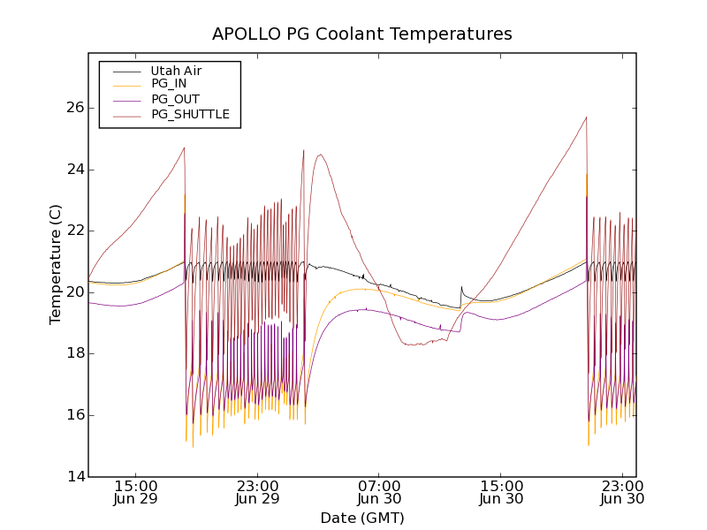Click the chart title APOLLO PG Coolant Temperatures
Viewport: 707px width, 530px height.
click(361, 34)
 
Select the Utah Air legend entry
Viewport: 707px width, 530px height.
click(176, 71)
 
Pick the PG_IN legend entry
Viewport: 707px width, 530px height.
click(169, 84)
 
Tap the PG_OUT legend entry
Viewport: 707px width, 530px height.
click(175, 99)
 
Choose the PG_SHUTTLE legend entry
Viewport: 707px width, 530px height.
click(190, 114)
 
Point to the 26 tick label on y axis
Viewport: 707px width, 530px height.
click(75, 108)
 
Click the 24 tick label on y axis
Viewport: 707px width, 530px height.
click(75, 170)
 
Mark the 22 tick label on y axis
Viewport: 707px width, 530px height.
click(75, 231)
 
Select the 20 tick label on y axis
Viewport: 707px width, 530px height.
click(75, 292)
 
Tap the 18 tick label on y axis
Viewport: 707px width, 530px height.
click(75, 353)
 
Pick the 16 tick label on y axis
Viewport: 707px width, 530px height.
click(75, 415)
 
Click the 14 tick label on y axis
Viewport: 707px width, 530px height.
click(75, 477)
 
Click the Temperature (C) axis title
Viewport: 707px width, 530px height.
click(56, 264)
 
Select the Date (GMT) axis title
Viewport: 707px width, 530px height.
click(361, 518)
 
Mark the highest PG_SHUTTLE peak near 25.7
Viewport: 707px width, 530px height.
click(586, 117)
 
